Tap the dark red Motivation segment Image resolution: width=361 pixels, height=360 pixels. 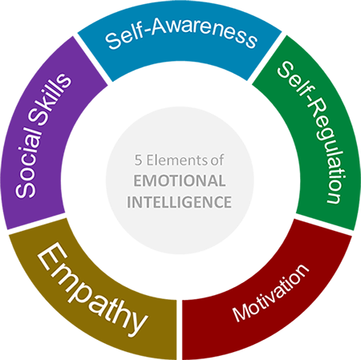(270, 302)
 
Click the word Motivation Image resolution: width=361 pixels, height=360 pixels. (270, 293)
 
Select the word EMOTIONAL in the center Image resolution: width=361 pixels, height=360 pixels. (180, 180)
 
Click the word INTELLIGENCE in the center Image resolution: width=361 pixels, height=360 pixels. (179, 202)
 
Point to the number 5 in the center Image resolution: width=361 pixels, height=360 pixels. (138, 160)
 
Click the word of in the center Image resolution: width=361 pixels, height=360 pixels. (217, 160)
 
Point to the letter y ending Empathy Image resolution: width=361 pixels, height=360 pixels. (137, 325)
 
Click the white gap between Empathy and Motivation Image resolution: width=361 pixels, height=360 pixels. (180, 330)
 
